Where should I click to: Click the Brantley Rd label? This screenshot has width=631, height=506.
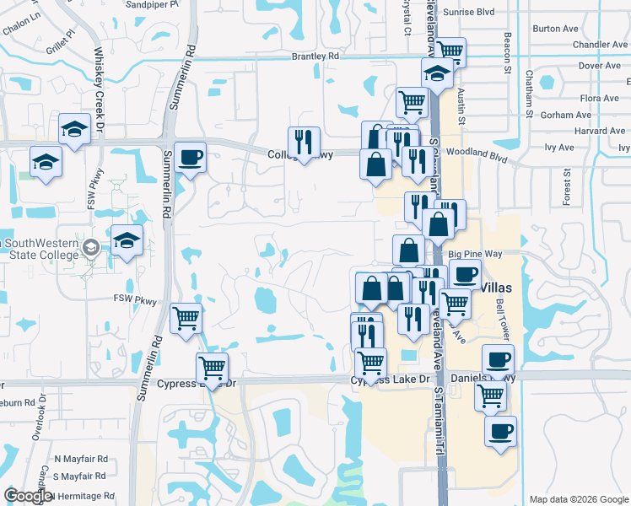click(315, 57)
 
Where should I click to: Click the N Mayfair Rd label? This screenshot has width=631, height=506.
click(81, 460)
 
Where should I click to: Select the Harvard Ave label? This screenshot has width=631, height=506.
click(599, 131)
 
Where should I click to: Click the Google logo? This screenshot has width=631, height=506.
click(28, 496)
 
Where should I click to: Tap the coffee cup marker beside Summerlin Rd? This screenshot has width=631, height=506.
click(190, 157)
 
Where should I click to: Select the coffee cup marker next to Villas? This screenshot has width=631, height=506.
click(465, 274)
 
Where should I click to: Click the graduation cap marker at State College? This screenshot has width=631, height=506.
click(127, 240)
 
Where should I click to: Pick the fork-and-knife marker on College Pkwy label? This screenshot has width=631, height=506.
click(304, 142)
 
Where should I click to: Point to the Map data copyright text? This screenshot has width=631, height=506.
click(578, 499)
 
